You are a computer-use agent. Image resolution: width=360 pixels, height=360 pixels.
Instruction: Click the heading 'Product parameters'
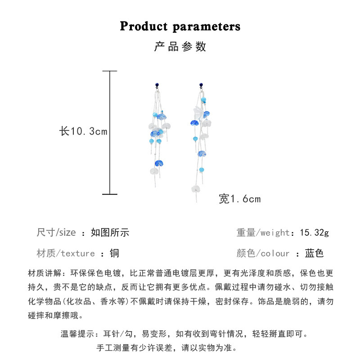point(180,26)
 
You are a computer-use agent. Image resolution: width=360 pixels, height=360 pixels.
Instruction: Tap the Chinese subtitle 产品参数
point(180,47)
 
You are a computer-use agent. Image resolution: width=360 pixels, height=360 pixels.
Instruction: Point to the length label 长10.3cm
point(83,131)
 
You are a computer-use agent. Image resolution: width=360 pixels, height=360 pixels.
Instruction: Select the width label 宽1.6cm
point(240,199)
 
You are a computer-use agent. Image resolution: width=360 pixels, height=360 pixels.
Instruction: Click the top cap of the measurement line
point(110,71)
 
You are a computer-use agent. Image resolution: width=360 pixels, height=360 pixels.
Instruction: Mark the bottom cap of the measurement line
point(110,194)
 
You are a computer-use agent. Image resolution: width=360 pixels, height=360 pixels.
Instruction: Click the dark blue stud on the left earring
point(157,85)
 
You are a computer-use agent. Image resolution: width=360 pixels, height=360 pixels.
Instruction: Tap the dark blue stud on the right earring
point(201,85)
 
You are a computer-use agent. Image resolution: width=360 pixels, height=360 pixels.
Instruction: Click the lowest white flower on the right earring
point(196,189)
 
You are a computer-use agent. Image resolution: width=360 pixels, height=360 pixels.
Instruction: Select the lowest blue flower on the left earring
point(159,163)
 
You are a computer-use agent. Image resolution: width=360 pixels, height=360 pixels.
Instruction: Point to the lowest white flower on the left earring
point(154,171)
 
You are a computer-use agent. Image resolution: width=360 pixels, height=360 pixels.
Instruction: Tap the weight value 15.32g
point(314,233)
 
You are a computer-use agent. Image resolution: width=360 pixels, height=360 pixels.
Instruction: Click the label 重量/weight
point(263,233)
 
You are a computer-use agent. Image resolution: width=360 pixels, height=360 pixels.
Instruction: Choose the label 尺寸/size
point(56,232)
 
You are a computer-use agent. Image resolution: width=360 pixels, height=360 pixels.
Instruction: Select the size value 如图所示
point(110,232)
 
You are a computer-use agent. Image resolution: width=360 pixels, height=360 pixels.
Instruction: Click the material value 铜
point(114,253)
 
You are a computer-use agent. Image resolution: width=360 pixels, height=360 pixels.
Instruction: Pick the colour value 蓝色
point(314,253)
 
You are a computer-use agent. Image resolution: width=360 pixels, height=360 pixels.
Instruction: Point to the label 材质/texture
point(66,253)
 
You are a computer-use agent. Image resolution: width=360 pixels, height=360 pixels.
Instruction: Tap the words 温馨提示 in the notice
point(77,333)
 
